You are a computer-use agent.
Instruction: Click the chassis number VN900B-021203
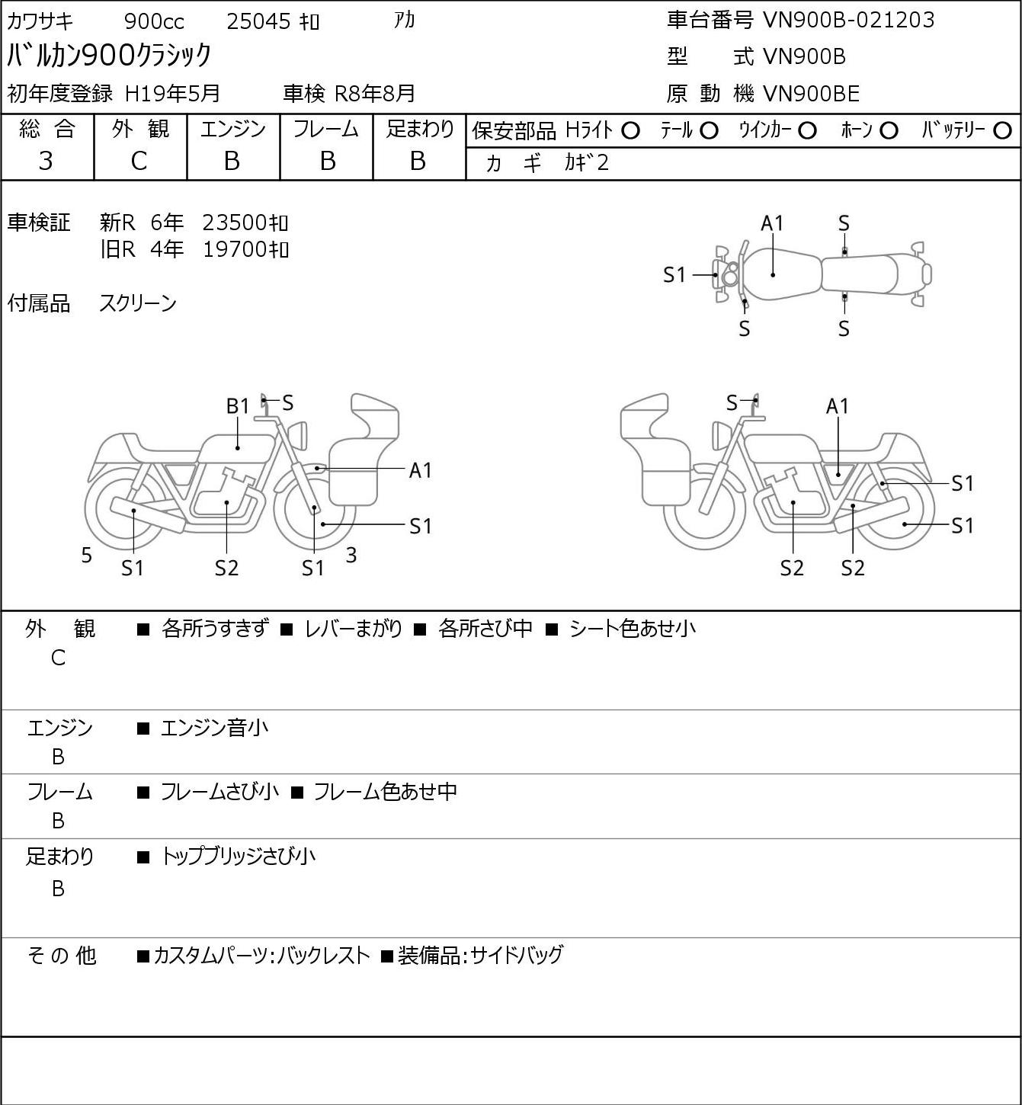click(x=848, y=20)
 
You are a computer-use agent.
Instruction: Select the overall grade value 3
click(x=46, y=161)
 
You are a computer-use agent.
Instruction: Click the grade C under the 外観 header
click(x=139, y=161)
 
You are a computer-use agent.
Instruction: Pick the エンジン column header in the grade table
click(x=232, y=130)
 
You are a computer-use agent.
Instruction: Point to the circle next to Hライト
click(x=630, y=131)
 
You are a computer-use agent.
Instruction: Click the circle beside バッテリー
click(x=1002, y=131)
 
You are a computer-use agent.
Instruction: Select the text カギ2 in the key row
click(x=586, y=163)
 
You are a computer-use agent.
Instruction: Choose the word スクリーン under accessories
click(x=138, y=303)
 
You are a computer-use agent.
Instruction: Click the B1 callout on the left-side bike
click(x=238, y=406)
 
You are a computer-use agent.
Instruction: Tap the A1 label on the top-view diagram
click(x=772, y=223)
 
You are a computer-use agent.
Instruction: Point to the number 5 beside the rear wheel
click(x=87, y=556)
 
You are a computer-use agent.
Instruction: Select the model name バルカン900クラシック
click(x=109, y=55)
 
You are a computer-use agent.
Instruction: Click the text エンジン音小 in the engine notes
click(x=214, y=729)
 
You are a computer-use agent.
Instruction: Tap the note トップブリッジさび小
click(x=237, y=857)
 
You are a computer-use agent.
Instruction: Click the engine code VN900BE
click(x=811, y=94)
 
